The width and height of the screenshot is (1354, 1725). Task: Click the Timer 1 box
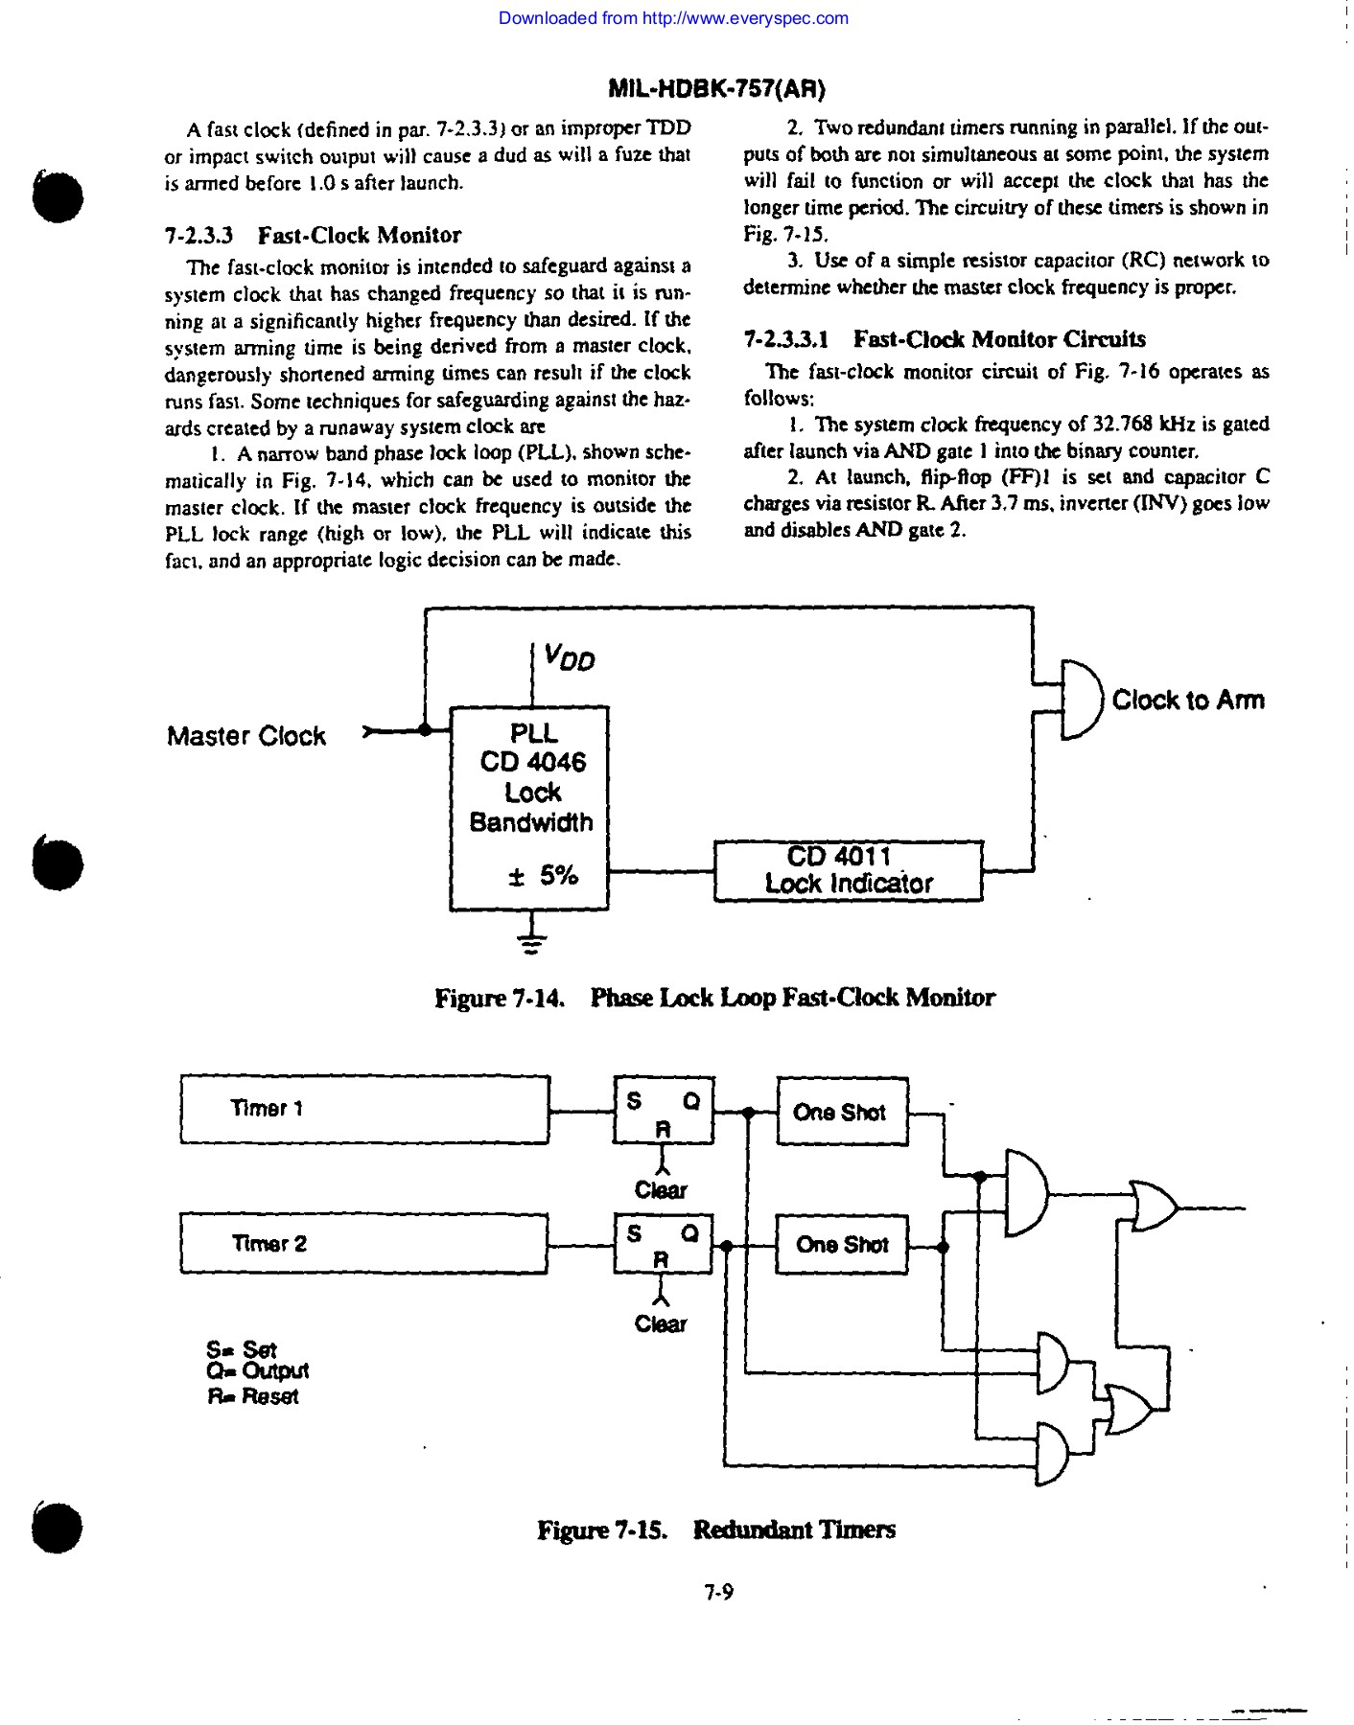point(364,1110)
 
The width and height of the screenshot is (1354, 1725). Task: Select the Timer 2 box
point(363,1244)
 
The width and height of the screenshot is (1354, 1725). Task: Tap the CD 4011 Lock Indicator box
point(849,871)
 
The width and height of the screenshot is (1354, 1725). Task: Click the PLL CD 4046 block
point(529,808)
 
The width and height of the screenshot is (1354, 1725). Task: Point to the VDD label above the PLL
point(569,657)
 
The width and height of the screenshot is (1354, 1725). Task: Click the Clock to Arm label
point(1188,701)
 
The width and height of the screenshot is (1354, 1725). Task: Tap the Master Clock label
point(246,736)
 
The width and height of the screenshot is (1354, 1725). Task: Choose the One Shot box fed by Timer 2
point(841,1245)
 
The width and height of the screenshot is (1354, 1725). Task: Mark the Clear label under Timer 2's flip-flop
point(661,1324)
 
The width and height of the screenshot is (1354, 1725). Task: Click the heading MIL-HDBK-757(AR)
point(716,89)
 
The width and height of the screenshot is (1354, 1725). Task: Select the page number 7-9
point(718,1593)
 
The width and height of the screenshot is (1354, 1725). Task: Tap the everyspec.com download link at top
point(673,18)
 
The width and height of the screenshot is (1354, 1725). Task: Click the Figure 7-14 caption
point(714,999)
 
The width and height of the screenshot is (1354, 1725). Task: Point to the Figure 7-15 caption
point(715,1529)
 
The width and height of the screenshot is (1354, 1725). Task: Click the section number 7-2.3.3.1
point(785,339)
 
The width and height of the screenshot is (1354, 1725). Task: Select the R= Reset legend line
point(253,1396)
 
